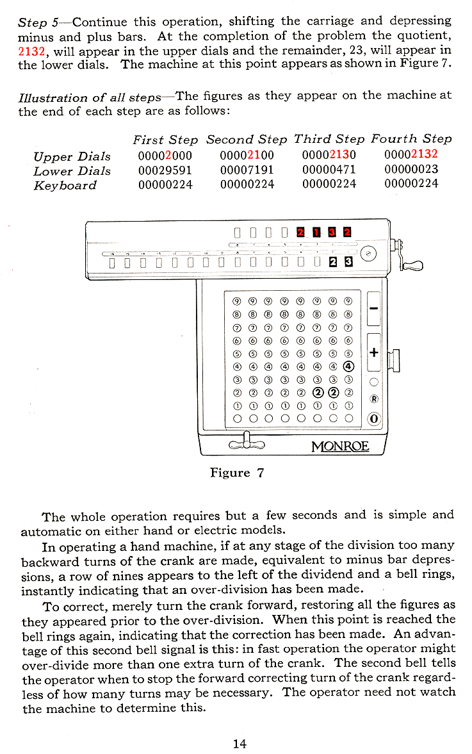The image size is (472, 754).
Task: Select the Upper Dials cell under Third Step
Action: click(x=329, y=156)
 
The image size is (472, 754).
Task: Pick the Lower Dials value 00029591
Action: click(x=165, y=170)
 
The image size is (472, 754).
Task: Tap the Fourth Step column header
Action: click(x=411, y=138)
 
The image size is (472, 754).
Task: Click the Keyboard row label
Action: click(x=65, y=185)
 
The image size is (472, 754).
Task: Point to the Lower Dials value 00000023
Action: click(x=411, y=170)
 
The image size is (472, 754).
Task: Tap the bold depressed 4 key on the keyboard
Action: click(x=348, y=366)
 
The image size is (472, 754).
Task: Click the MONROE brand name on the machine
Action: click(x=340, y=445)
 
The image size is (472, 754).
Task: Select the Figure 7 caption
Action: click(x=238, y=473)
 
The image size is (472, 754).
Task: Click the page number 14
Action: click(x=240, y=744)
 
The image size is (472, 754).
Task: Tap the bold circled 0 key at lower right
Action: click(x=374, y=420)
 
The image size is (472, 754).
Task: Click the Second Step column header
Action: click(x=247, y=138)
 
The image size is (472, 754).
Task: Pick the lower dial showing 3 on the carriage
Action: click(x=348, y=262)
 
